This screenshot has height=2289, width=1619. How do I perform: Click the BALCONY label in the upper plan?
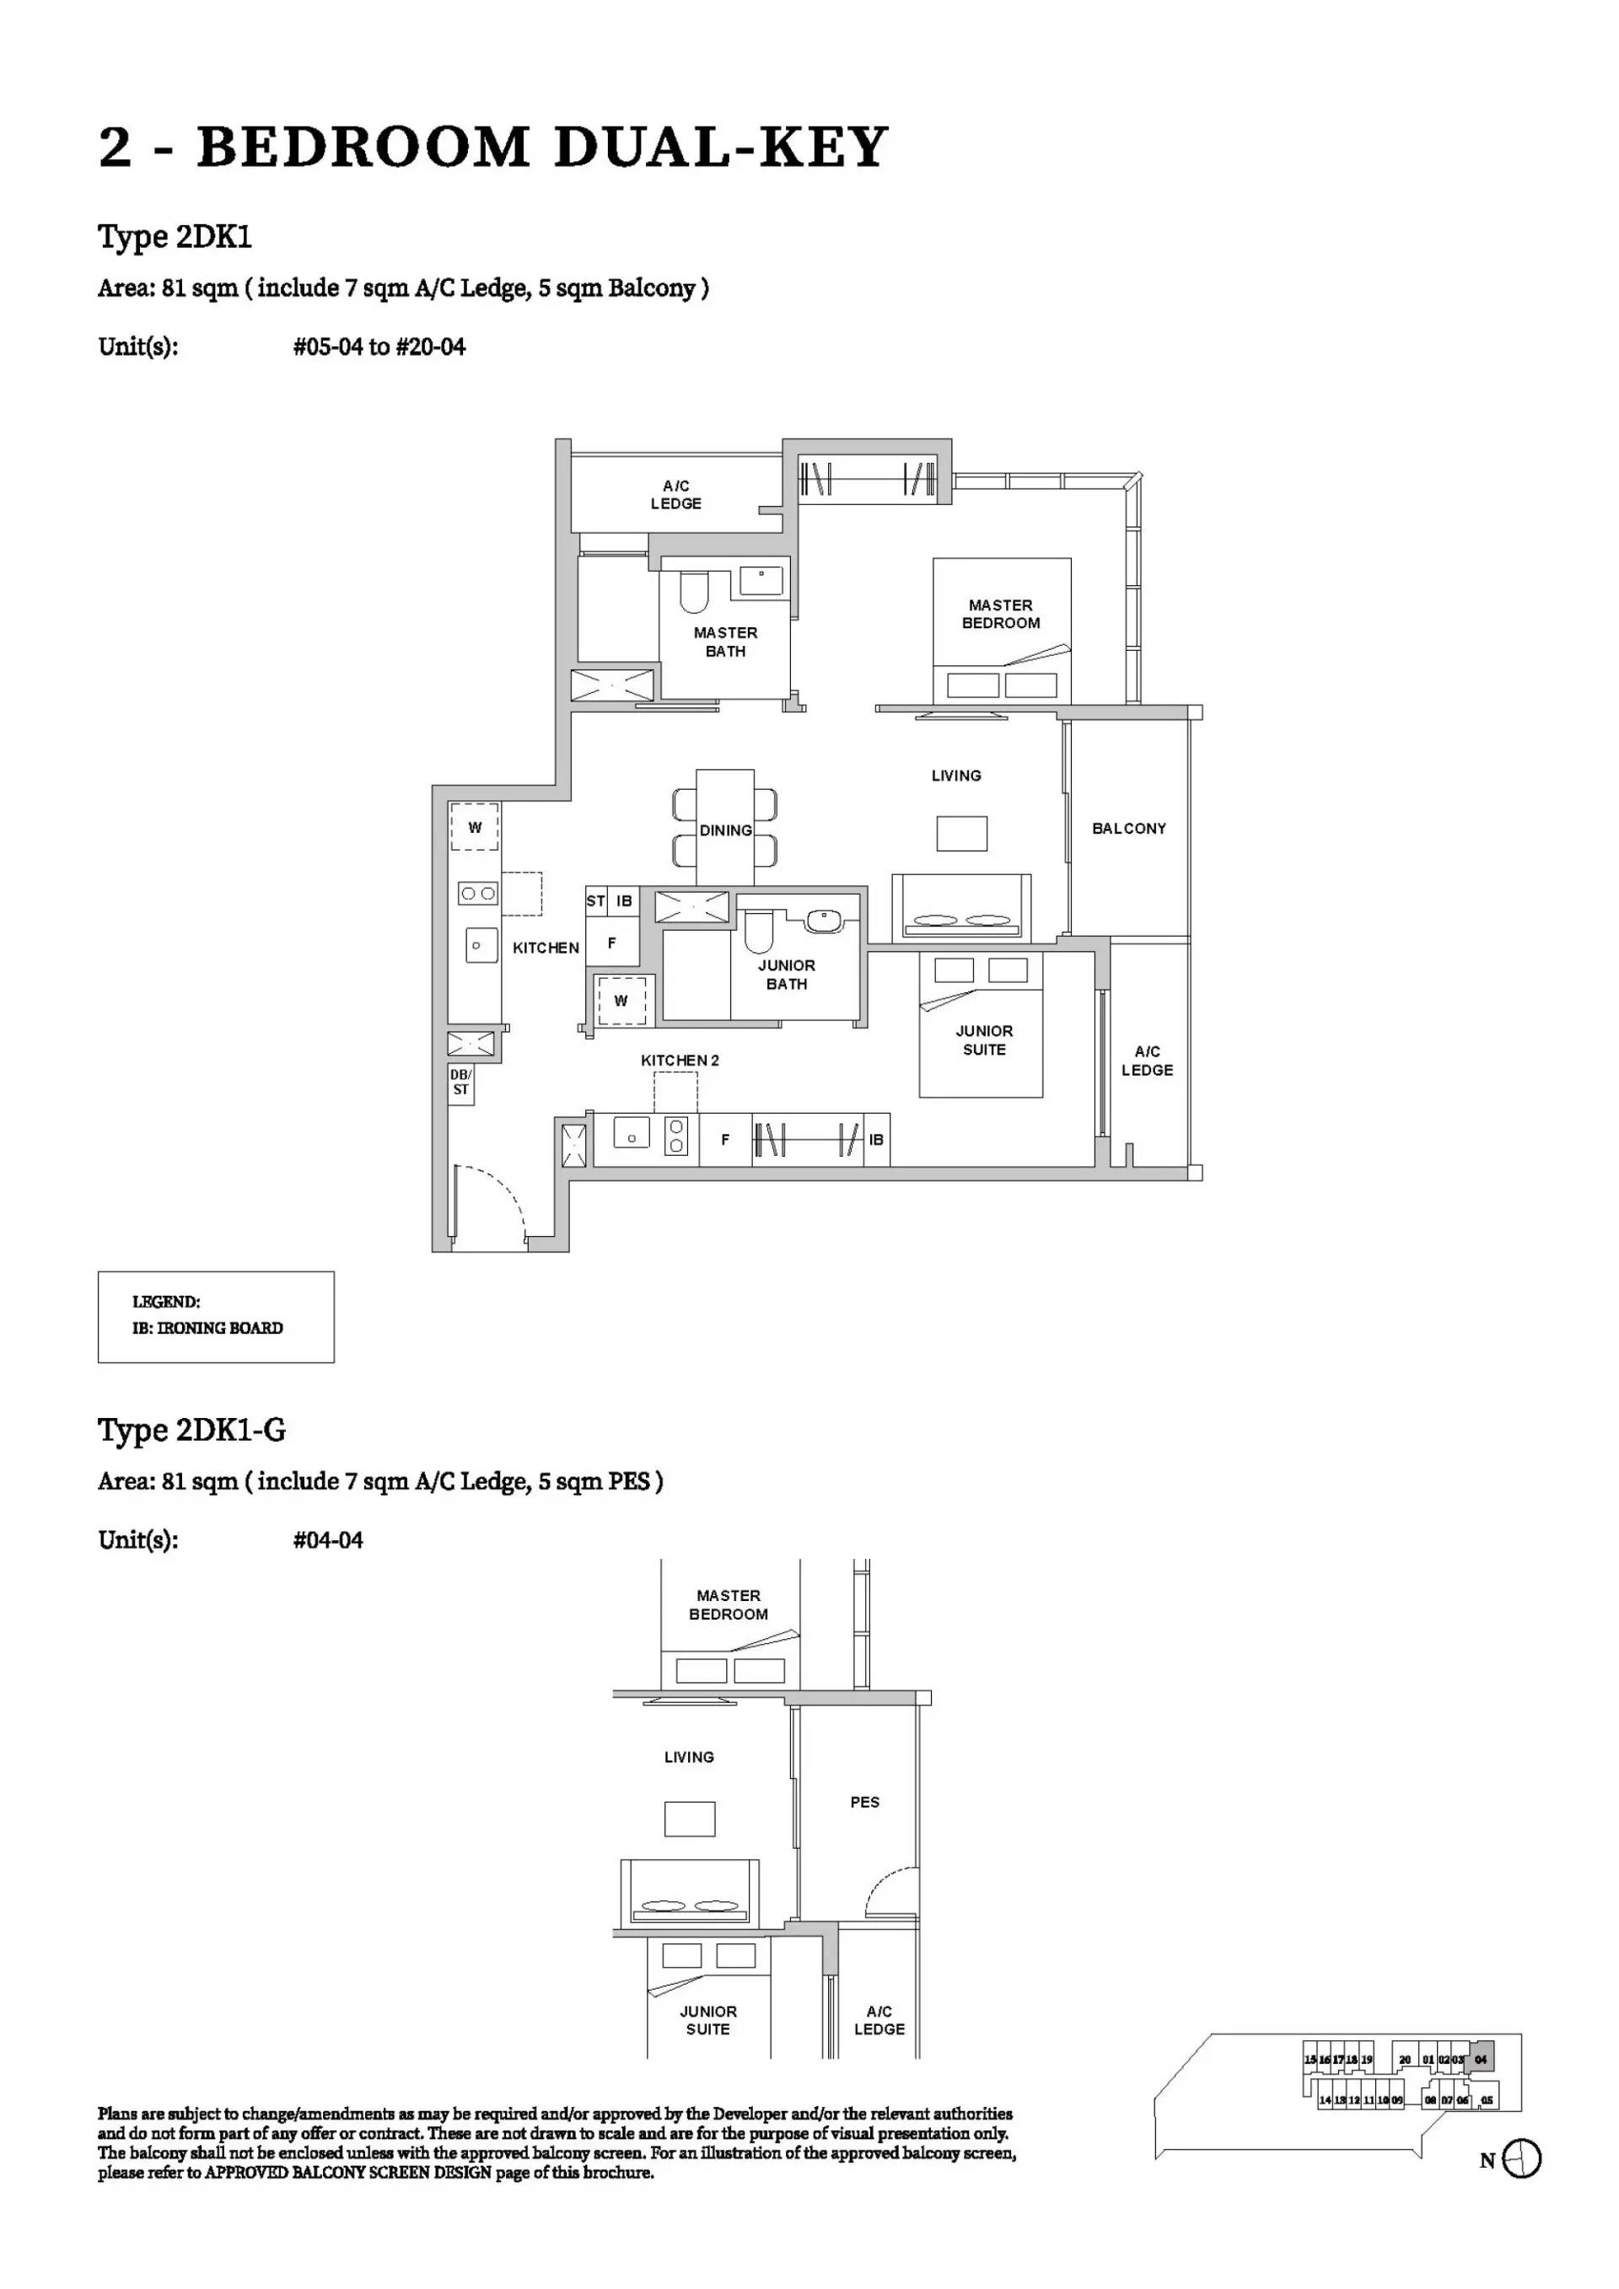[x=1128, y=829]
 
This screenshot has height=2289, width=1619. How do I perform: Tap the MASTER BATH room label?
[x=725, y=642]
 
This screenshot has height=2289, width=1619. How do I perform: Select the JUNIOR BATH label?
[x=786, y=974]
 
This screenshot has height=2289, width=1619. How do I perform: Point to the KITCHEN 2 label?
[x=679, y=1061]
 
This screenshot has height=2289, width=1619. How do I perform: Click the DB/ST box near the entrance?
[x=460, y=1083]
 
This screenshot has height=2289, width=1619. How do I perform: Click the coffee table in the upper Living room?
[x=961, y=834]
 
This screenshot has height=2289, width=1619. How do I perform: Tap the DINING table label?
[x=725, y=830]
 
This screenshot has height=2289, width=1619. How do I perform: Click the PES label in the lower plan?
[x=864, y=1803]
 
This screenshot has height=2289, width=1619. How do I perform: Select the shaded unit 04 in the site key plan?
[x=1481, y=2060]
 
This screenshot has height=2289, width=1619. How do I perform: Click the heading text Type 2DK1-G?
[x=191, y=1430]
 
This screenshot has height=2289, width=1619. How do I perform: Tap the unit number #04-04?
[x=328, y=1539]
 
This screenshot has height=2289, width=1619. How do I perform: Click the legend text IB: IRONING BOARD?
[x=207, y=1328]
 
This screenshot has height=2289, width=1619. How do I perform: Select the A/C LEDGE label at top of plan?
[x=676, y=495]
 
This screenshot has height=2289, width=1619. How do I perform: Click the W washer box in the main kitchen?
[x=475, y=827]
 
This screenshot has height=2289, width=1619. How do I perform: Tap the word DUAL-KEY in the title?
[x=720, y=148]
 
